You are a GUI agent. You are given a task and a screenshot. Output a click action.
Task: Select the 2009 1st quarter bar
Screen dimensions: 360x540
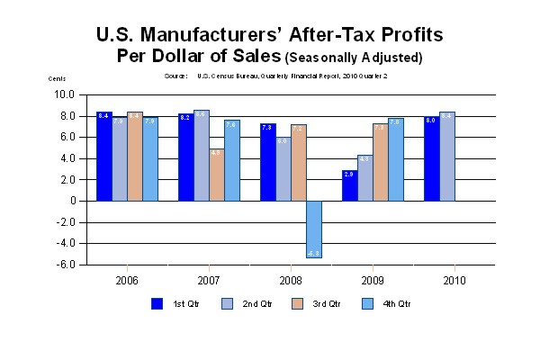(x=349, y=185)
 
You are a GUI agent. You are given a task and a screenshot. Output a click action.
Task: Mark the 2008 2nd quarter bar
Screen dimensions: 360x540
(x=283, y=169)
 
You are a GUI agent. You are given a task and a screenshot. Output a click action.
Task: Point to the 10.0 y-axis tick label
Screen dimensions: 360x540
(x=65, y=94)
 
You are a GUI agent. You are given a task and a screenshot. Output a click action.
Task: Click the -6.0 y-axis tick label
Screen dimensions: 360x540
(x=65, y=265)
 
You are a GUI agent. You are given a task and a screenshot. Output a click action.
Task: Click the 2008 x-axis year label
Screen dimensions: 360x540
(x=291, y=280)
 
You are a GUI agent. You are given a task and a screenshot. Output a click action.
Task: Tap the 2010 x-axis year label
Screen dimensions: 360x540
(x=454, y=280)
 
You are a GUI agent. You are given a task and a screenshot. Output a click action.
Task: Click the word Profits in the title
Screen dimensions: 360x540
(x=401, y=36)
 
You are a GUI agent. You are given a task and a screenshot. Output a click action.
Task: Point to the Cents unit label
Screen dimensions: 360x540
(x=57, y=78)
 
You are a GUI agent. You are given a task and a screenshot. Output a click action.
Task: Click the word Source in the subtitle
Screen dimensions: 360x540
(x=175, y=76)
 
